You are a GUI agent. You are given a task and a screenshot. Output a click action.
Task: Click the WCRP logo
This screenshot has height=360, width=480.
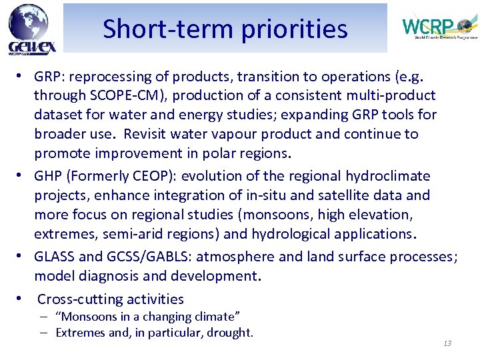439,27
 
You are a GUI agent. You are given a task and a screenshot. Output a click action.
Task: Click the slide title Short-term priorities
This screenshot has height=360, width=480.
225,29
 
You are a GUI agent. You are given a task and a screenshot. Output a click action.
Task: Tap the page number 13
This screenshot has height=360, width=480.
447,343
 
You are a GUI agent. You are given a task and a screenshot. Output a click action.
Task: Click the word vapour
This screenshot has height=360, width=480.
251,134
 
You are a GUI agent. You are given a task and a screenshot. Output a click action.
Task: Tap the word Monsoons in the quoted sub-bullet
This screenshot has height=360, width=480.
89,317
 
